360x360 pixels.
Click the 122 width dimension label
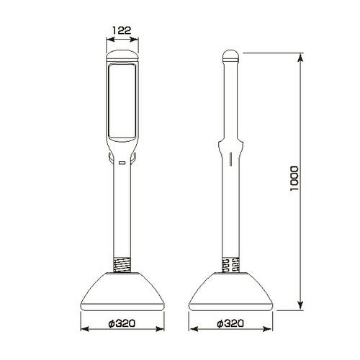coord(122,30)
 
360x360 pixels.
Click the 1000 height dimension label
coord(294,179)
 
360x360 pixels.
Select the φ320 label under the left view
coord(122,323)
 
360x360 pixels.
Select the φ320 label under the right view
coord(230,323)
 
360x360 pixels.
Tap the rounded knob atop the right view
coord(230,55)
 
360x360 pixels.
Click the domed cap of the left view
coord(122,55)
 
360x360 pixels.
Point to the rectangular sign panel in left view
coord(122,102)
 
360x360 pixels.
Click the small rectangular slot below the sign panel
coord(122,163)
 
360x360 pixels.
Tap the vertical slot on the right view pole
coord(230,159)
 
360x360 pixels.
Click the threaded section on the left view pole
coord(122,265)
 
